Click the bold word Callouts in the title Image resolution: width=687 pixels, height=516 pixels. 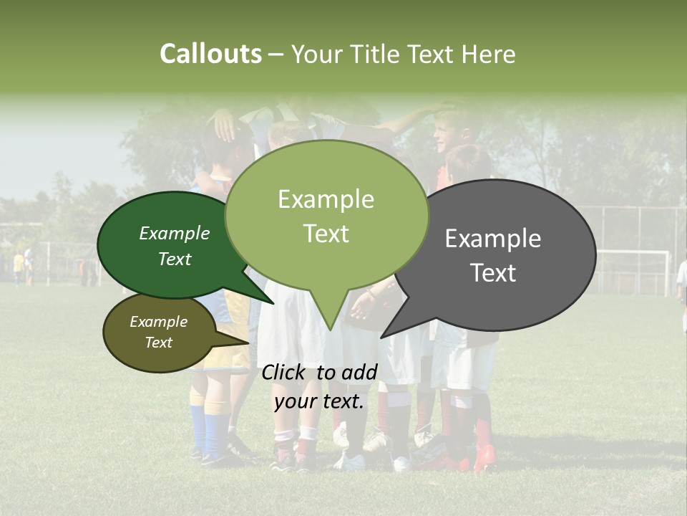tap(210, 54)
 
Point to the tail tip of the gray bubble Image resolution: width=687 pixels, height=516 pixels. tap(382, 337)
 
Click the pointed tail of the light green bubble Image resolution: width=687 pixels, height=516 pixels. tap(328, 328)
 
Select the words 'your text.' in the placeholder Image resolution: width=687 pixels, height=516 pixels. tap(319, 401)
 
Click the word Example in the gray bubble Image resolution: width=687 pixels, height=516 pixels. tap(493, 239)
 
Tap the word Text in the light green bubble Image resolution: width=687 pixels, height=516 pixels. tap(326, 234)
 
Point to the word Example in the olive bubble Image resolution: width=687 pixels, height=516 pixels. tap(158, 322)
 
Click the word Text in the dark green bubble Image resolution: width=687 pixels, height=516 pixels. tap(174, 259)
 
